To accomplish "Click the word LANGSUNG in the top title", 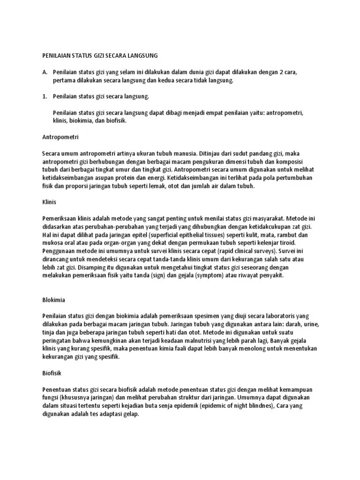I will click(142, 55).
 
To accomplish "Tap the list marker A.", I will click(45, 73).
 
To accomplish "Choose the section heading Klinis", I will click(49, 202).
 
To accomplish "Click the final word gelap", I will click(130, 413).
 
